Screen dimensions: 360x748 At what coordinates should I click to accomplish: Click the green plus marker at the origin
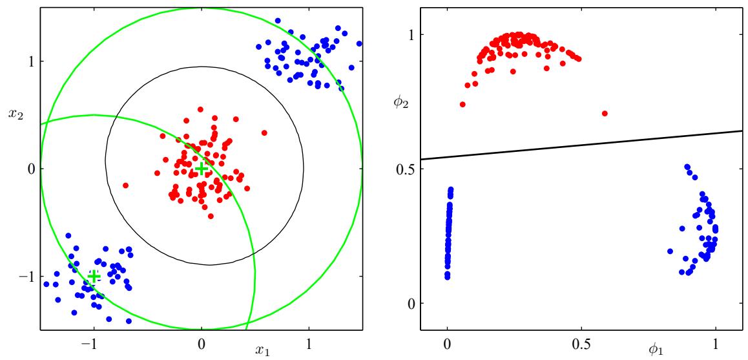[201, 169]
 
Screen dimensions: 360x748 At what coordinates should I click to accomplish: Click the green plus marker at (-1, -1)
[94, 276]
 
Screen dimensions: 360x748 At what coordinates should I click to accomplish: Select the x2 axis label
[15, 114]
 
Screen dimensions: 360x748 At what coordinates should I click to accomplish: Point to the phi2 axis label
[401, 101]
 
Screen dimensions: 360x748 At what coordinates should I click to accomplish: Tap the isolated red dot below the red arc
[605, 113]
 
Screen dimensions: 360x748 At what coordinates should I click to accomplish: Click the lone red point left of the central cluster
[125, 185]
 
